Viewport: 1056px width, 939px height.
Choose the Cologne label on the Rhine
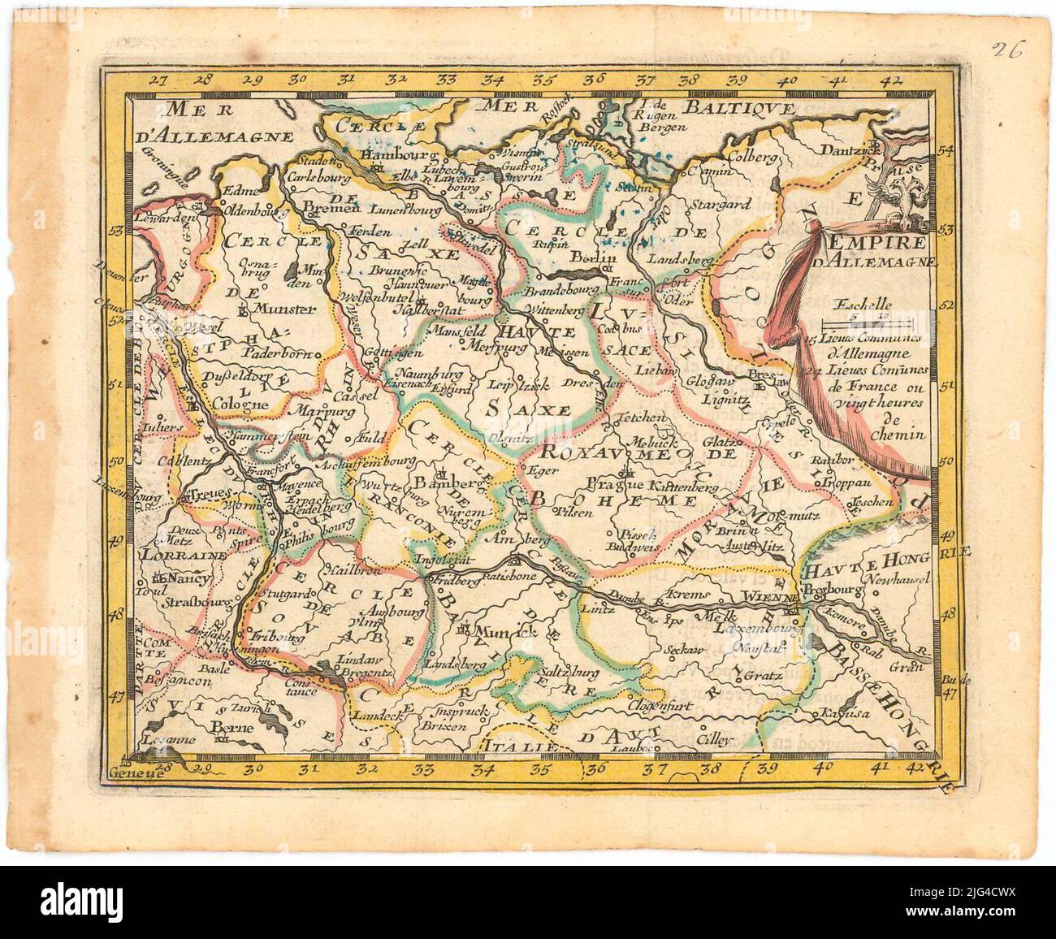240,404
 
